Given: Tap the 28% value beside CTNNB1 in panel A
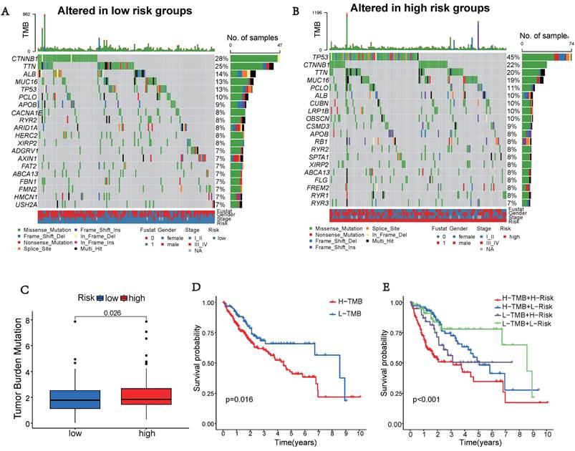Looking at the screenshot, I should pos(221,58).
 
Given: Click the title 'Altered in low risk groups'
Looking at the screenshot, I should pos(125,11).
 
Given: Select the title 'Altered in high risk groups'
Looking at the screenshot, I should pos(420,9).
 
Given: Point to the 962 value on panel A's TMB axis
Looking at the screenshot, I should pos(26,14).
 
